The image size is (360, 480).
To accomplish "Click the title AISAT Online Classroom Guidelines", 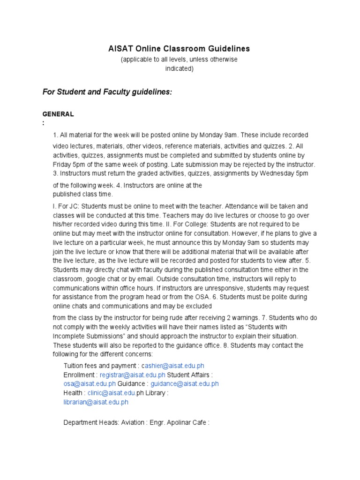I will pos(180,49).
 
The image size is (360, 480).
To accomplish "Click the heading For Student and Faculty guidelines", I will pos(107,92).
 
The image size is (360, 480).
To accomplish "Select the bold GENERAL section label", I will pos(58,114).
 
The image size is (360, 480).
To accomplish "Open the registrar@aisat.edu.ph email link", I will pos(133,375).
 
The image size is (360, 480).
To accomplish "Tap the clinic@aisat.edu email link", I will pos(112,393).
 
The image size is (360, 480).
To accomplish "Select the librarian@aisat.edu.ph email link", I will pos(96,402).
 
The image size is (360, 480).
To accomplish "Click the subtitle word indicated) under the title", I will pos(179,68).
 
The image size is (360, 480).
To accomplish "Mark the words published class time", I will pos(82,194).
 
